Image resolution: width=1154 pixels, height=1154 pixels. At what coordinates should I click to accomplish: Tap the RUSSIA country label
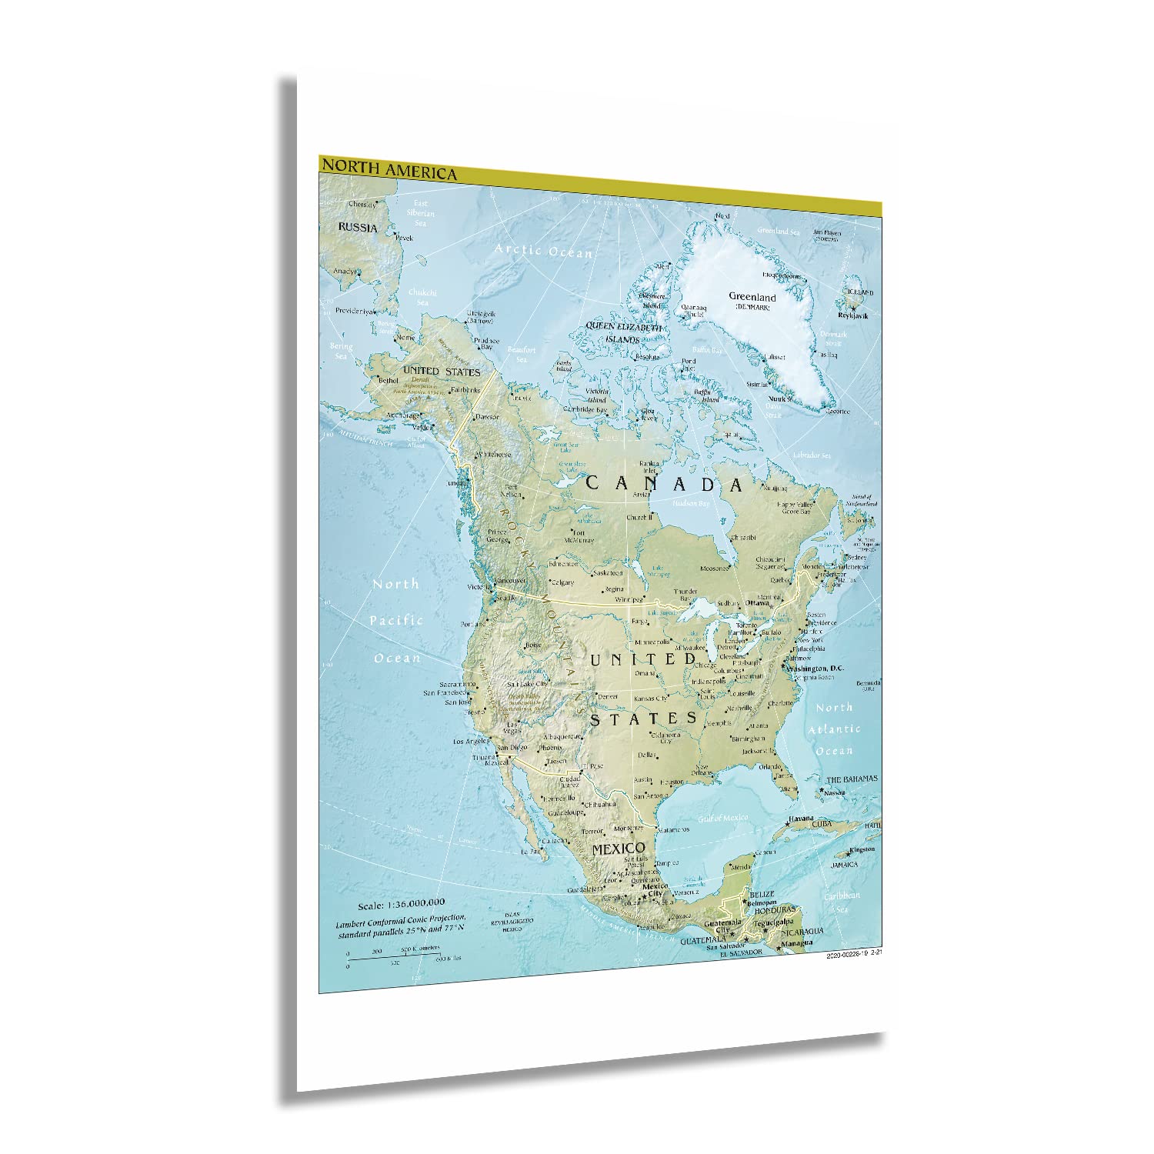coord(358,228)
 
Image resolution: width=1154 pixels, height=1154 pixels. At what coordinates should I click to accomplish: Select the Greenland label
coord(752,297)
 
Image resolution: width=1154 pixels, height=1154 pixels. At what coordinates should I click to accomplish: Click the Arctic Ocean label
coord(543,251)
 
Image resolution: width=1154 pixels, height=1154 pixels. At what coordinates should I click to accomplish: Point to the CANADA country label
coord(665,484)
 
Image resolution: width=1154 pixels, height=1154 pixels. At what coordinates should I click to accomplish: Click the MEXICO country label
coord(618,849)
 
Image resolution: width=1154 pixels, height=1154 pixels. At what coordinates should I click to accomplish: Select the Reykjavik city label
coord(860,316)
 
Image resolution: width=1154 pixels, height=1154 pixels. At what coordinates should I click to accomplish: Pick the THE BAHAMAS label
coord(852,779)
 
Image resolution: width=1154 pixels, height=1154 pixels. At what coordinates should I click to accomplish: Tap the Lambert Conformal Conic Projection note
coord(400,918)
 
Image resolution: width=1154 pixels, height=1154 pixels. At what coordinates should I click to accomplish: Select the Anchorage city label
coord(403,415)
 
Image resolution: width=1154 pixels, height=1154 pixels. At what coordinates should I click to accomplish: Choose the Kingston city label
coord(861,849)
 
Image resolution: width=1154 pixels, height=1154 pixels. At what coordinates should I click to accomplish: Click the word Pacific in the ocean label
coord(397,620)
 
